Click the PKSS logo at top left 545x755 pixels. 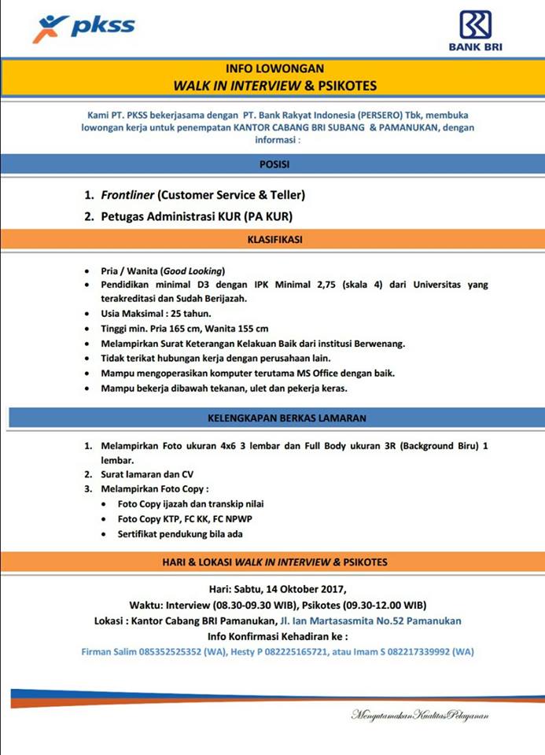click(x=83, y=28)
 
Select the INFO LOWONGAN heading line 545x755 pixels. click(x=274, y=68)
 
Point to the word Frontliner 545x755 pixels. click(x=127, y=194)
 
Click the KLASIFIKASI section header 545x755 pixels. click(x=274, y=238)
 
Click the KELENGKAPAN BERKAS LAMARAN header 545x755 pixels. click(x=274, y=417)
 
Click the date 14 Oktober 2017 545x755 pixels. click(x=303, y=588)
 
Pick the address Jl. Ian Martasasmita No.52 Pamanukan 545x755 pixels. click(x=370, y=621)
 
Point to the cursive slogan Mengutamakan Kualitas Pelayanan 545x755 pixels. click(x=420, y=715)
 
